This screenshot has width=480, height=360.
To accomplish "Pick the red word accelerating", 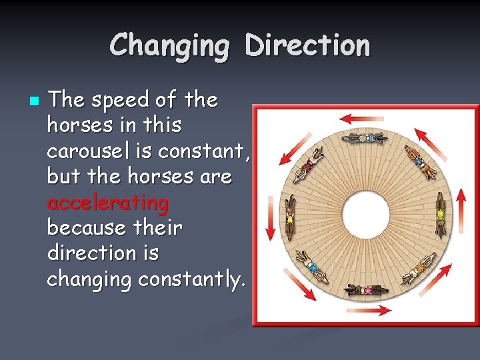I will tap(107, 202).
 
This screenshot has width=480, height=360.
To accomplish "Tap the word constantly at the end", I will tap(191, 279).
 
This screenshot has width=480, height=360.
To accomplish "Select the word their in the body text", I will tap(157, 228).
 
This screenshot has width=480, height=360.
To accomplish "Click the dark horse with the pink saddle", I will tap(366, 291).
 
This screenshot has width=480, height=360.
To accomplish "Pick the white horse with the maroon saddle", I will tap(308, 164).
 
